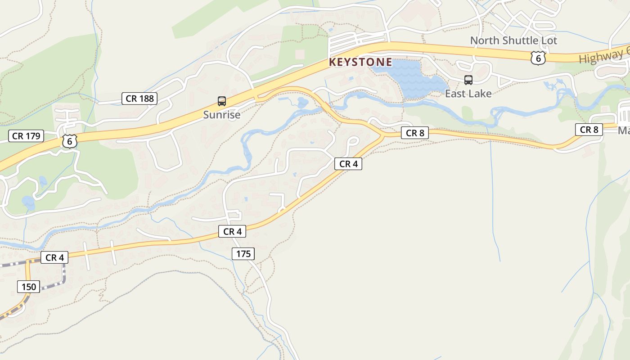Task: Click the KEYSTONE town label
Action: (360, 62)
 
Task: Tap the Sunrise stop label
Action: (221, 115)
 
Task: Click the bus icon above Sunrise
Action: (221, 101)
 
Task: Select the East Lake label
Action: (468, 94)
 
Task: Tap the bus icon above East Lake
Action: (468, 80)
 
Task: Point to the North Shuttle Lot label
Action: (513, 40)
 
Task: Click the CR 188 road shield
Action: (139, 99)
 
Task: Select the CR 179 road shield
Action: (26, 136)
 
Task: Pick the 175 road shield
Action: (243, 254)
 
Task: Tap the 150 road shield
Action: (28, 286)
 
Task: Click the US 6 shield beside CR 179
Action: (70, 141)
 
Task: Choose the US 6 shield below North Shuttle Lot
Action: (538, 58)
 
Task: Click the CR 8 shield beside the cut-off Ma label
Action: (589, 130)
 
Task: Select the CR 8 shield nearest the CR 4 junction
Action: (415, 133)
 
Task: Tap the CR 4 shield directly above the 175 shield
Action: (232, 231)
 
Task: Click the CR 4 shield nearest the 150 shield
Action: (54, 257)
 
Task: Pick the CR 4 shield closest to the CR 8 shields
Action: (348, 164)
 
